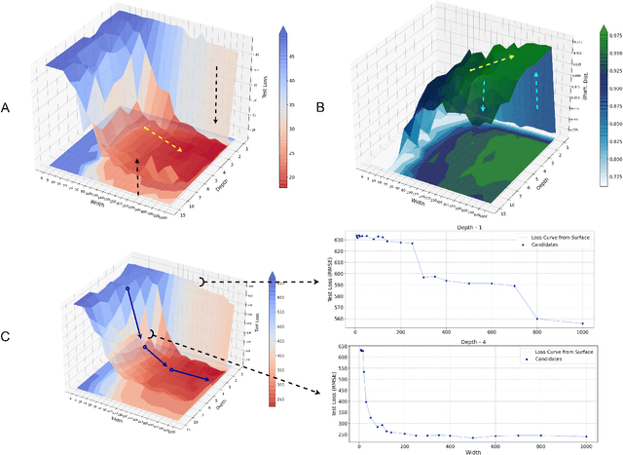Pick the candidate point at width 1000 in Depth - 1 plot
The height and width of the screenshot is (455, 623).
583,323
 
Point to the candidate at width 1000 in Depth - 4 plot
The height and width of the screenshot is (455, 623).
586,437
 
